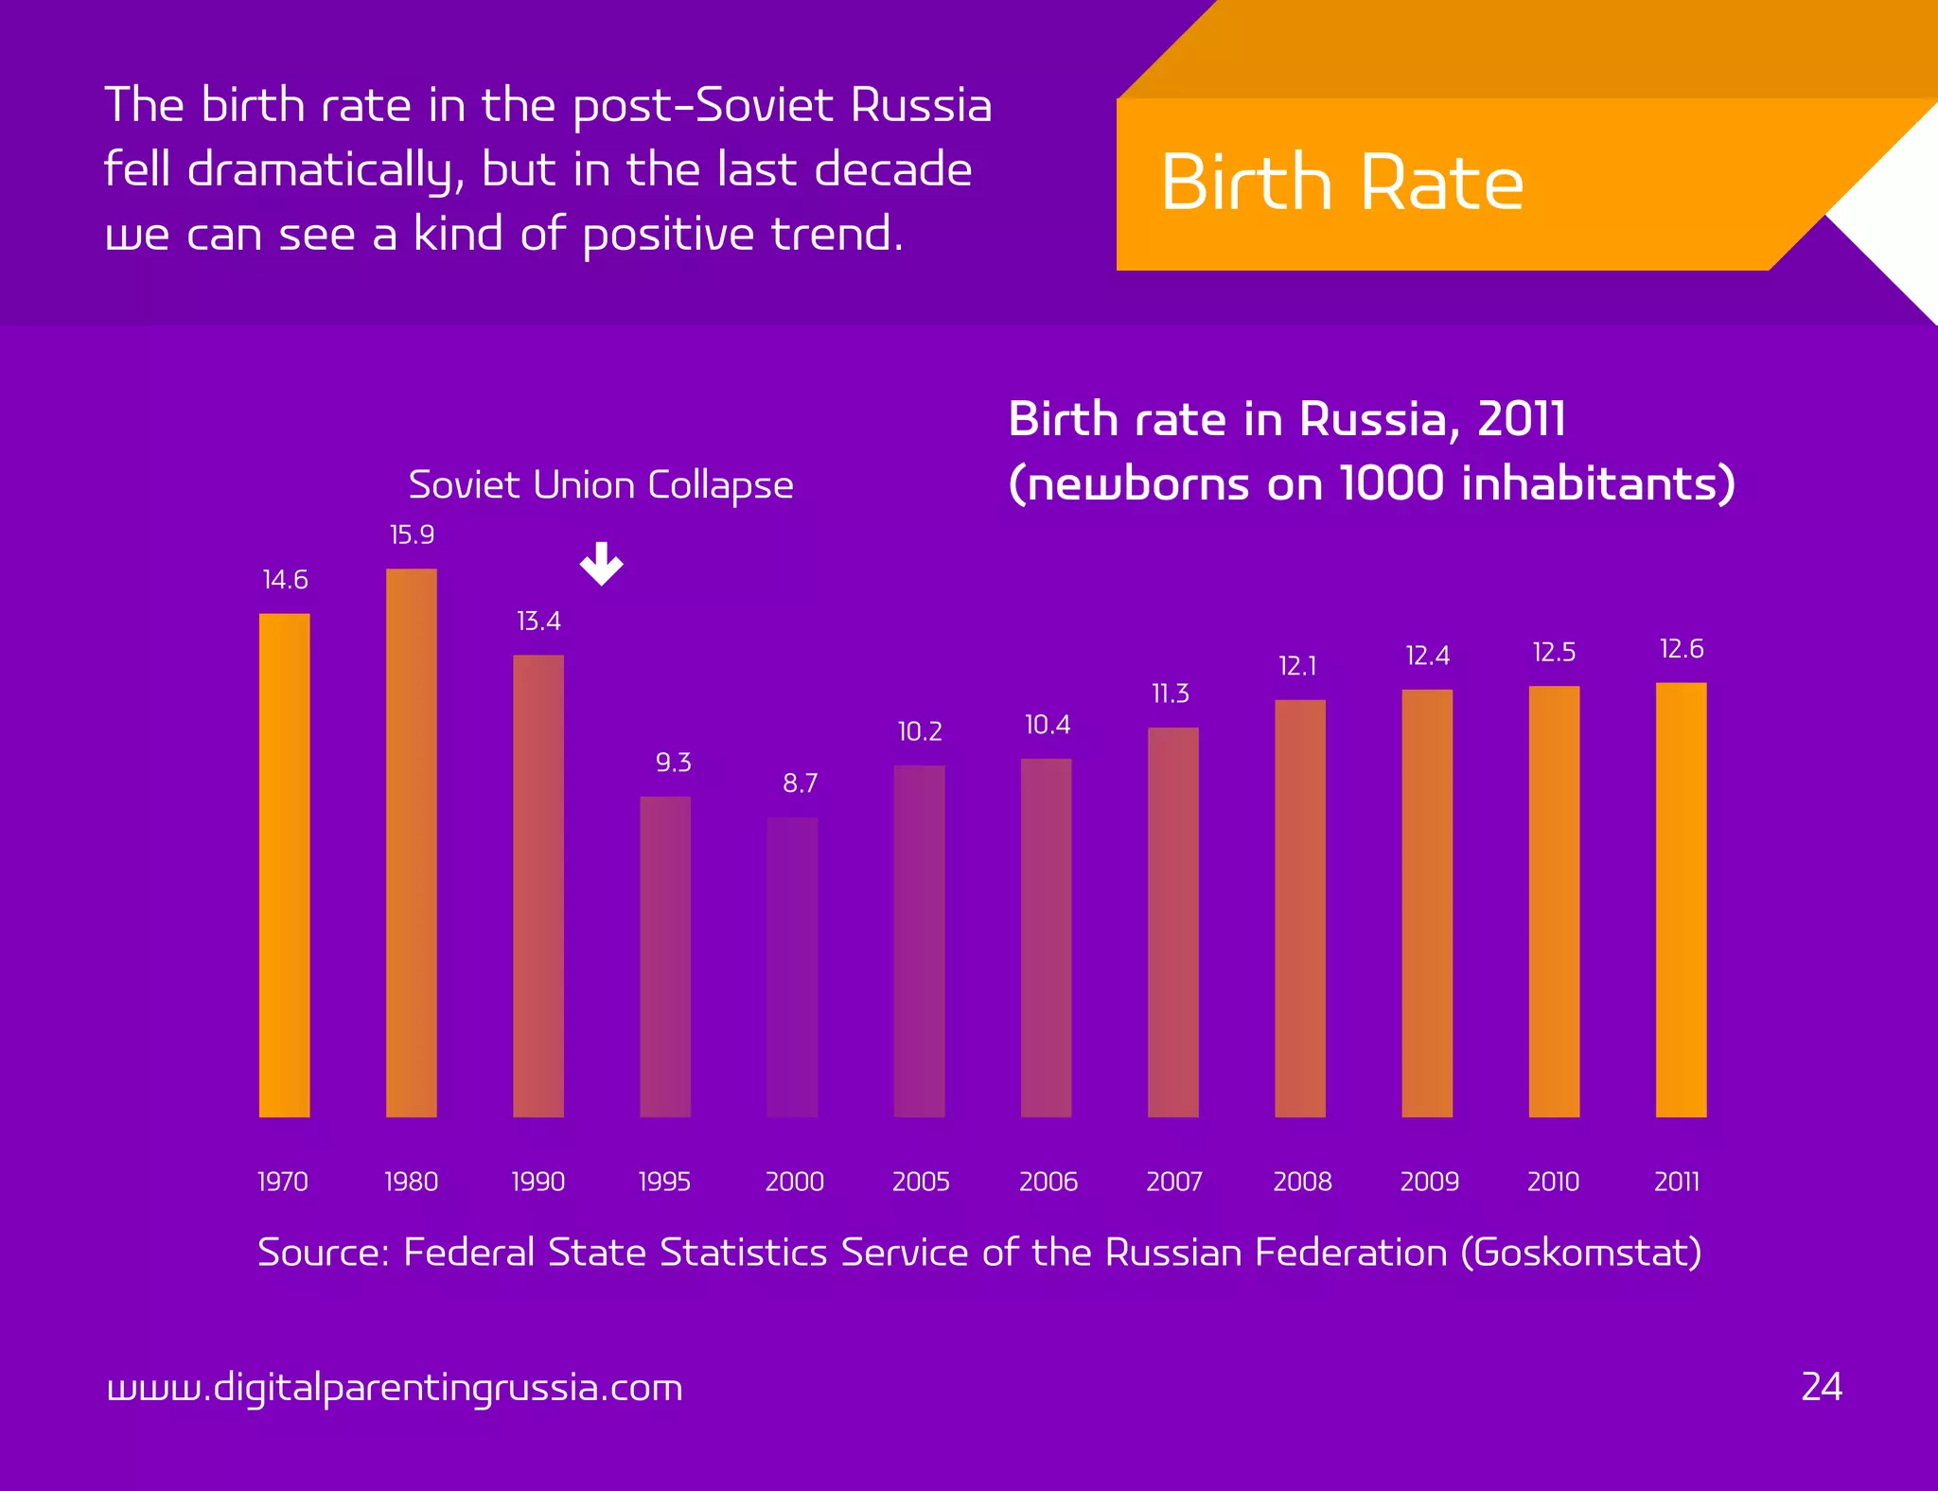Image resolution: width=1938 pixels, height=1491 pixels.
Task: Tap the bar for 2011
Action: point(1681,899)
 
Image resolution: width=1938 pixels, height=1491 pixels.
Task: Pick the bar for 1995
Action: point(665,956)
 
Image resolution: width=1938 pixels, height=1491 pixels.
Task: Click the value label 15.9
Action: point(412,535)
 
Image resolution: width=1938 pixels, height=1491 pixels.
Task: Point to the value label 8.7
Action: point(800,783)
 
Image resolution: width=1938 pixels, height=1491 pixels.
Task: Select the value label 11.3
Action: point(1171,694)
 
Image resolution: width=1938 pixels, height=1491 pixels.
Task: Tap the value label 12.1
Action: point(1297,666)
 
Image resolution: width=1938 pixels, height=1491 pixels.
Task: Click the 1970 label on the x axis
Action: point(283,1182)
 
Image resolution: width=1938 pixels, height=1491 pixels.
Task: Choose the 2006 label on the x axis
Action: point(1048,1182)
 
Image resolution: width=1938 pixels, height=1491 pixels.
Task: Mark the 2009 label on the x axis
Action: point(1429,1182)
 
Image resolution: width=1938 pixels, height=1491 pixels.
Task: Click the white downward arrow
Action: point(601,564)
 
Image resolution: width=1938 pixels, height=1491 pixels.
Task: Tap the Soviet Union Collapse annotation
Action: point(600,485)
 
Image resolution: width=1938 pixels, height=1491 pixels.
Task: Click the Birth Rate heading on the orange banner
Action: point(1342,183)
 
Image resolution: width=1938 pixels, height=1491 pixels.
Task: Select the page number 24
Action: point(1822,1387)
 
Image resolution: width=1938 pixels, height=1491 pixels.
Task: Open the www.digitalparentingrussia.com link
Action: point(395,1388)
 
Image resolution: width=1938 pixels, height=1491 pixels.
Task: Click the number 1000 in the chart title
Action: point(1392,483)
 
